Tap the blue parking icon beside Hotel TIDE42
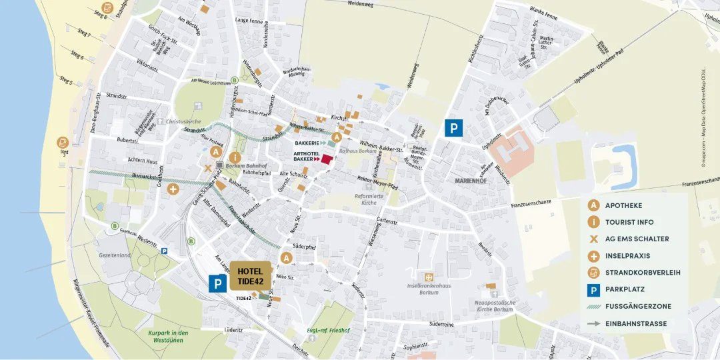pos(217,284)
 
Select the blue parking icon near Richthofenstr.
pos(453,128)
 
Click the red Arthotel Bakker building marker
pos(327,158)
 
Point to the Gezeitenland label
pos(115,255)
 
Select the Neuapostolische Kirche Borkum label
pos(493,305)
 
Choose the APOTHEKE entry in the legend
pos(623,205)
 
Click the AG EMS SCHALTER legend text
pos(637,239)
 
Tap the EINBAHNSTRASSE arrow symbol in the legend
pos(593,324)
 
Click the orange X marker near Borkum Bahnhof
pos(208,168)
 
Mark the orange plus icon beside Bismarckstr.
pos(173,189)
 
